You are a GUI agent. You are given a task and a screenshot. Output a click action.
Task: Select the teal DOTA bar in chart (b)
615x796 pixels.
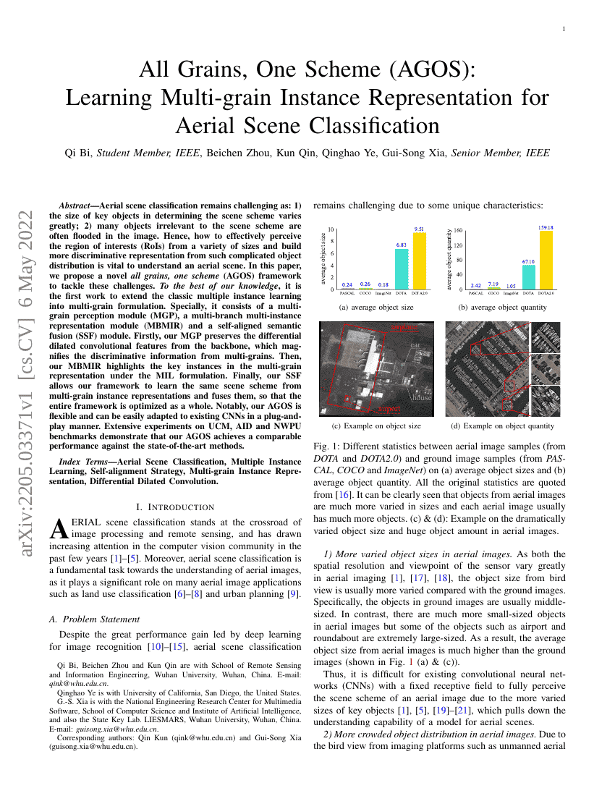click(529, 277)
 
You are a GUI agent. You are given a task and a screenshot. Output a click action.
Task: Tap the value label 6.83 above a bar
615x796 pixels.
click(402, 245)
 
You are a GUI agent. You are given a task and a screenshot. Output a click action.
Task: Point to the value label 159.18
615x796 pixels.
click(546, 227)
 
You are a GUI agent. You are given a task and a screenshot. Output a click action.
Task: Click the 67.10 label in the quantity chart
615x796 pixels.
click(529, 261)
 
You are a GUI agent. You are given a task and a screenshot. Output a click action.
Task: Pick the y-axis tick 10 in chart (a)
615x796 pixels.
click(331, 229)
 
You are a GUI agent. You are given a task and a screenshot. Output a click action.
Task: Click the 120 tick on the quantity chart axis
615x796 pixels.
click(458, 245)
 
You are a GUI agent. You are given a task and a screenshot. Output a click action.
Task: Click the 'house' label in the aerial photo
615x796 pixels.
click(422, 398)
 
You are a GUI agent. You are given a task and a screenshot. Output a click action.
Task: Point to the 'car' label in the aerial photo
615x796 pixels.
click(415, 346)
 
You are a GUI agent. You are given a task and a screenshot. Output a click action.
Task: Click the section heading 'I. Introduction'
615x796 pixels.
click(175, 507)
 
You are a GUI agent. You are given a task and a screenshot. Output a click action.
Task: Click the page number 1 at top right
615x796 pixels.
click(564, 29)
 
